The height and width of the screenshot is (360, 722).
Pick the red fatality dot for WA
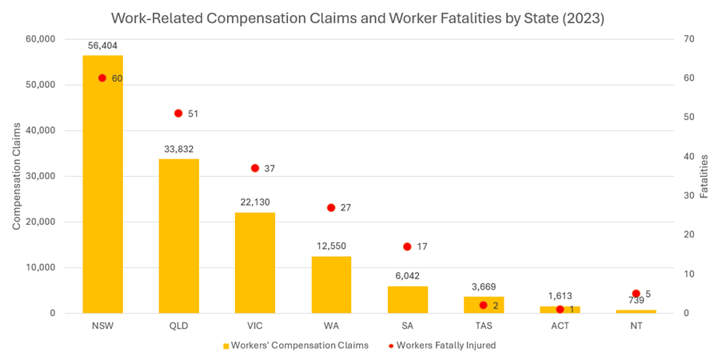click(x=331, y=208)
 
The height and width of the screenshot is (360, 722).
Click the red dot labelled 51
click(x=178, y=114)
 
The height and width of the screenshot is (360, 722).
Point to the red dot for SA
click(x=407, y=246)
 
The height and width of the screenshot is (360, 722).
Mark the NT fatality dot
click(x=636, y=294)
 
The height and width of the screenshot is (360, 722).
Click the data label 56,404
click(x=102, y=46)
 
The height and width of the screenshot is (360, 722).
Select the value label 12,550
click(x=331, y=246)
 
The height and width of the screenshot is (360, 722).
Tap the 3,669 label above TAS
click(x=483, y=286)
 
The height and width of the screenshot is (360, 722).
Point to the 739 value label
click(x=636, y=301)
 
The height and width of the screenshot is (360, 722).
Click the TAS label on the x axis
click(x=483, y=326)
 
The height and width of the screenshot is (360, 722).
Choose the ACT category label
click(x=560, y=326)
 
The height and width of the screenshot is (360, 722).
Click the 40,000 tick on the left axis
click(x=40, y=130)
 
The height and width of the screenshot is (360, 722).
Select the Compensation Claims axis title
click(x=17, y=176)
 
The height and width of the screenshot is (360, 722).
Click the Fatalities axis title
click(x=704, y=176)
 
